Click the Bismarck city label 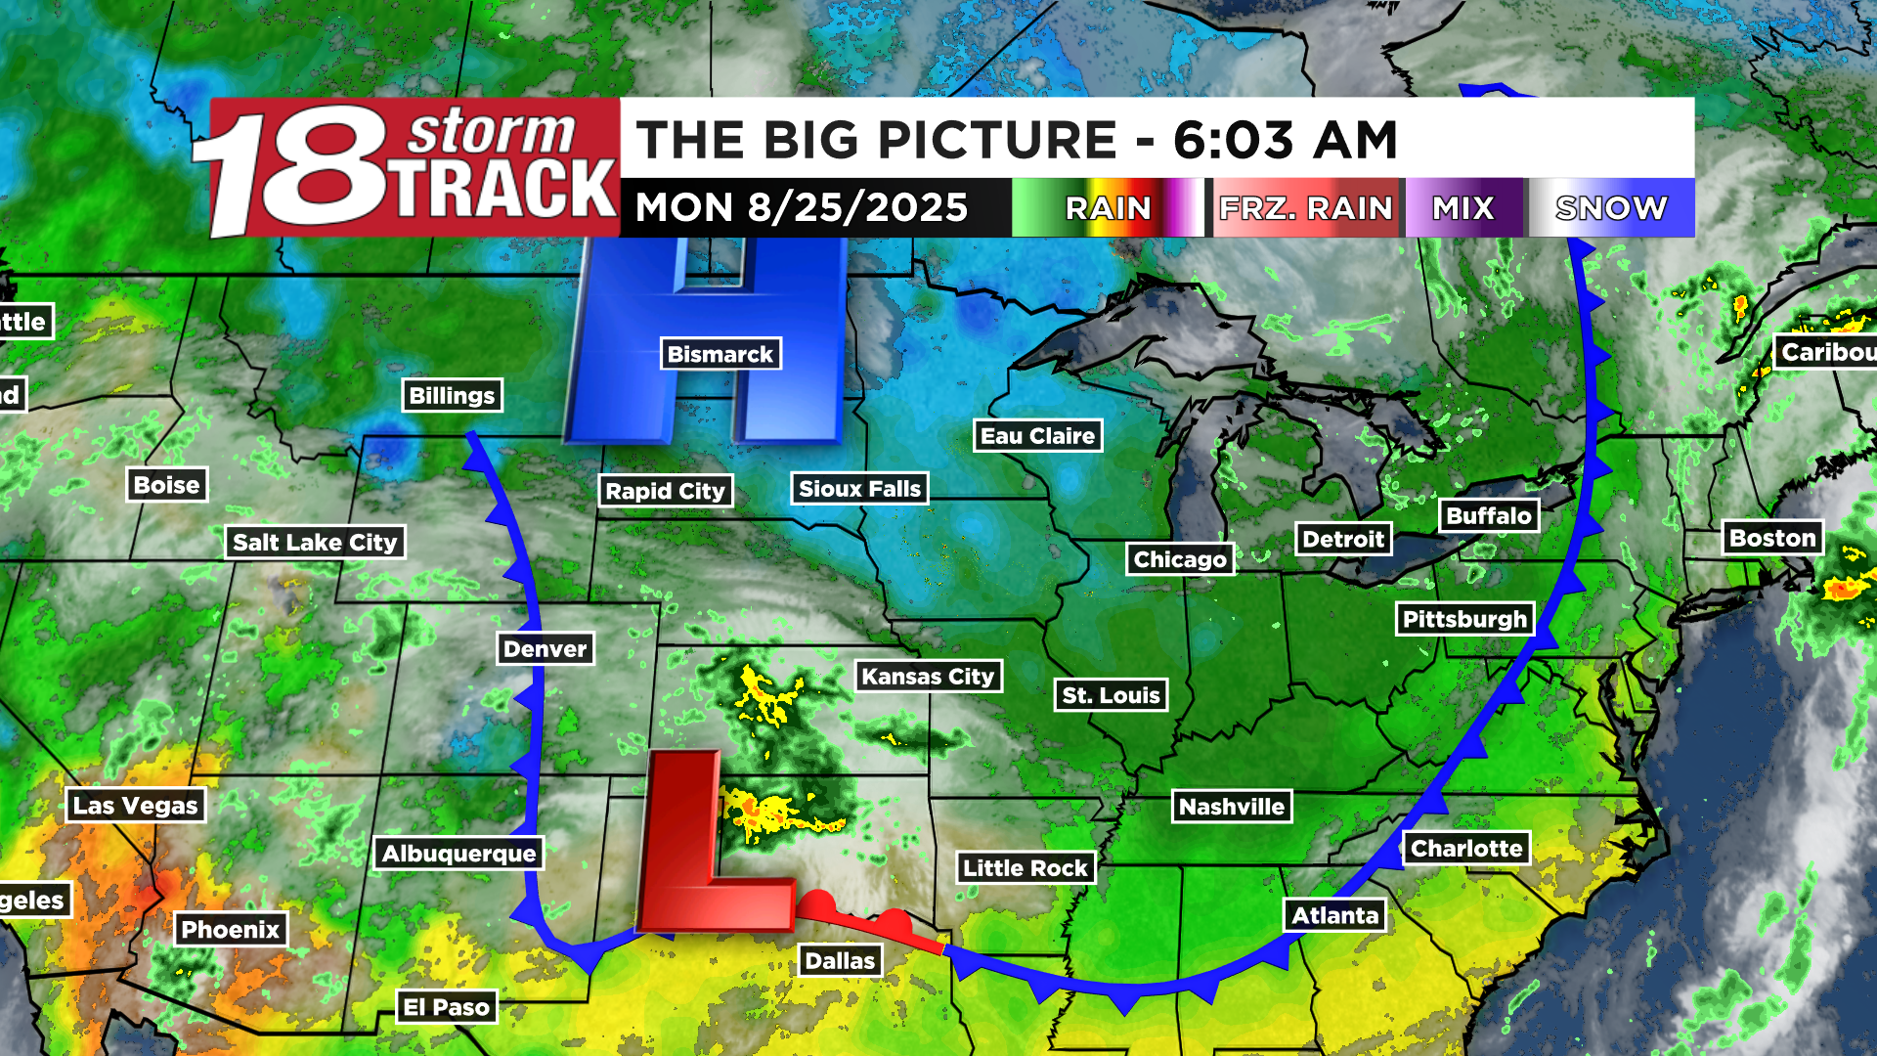(720, 354)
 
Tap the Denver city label (545, 648)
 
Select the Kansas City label (928, 676)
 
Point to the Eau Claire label (1037, 436)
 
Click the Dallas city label (840, 961)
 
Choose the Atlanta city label (1334, 915)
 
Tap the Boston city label (1771, 538)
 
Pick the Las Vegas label (136, 806)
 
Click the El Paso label (446, 1007)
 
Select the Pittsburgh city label (1464, 619)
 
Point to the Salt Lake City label (315, 542)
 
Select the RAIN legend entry (1108, 208)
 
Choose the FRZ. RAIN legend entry (1305, 208)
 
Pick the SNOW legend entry (1611, 208)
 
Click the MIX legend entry (1462, 208)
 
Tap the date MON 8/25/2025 (802, 208)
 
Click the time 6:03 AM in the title (1285, 140)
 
